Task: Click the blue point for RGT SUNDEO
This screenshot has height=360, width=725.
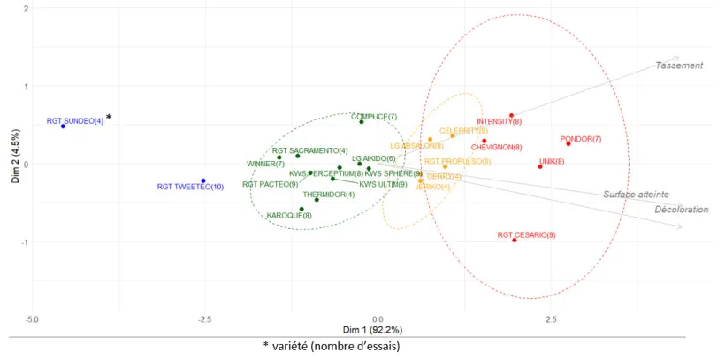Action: click(63, 126)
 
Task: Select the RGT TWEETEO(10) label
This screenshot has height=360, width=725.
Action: click(190, 187)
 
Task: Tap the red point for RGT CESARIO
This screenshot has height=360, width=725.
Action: click(514, 241)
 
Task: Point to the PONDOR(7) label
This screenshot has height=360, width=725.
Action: click(581, 139)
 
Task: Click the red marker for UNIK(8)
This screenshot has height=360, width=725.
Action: click(540, 166)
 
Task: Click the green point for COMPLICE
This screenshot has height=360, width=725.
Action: click(361, 121)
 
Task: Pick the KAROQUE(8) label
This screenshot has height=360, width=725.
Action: click(288, 215)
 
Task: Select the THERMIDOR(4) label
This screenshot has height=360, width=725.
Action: click(329, 195)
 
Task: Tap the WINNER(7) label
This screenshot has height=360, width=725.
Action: click(265, 164)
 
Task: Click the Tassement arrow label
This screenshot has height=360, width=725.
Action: click(679, 65)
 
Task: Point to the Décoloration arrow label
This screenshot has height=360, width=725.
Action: click(682, 210)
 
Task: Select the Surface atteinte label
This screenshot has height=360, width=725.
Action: click(636, 195)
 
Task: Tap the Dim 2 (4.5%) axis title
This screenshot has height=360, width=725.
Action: click(15, 165)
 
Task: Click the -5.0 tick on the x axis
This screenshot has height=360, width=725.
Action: click(32, 318)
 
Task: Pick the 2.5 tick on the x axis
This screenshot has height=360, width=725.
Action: click(550, 318)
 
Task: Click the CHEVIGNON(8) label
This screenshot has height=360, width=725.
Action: click(496, 147)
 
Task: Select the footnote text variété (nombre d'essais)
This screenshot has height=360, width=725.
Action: click(336, 346)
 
